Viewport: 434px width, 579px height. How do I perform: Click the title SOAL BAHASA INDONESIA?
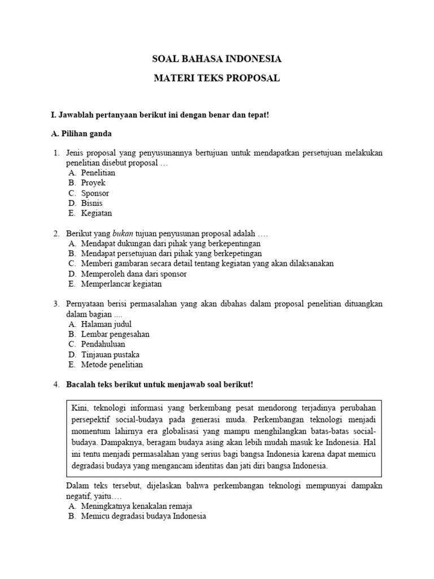pos(217,59)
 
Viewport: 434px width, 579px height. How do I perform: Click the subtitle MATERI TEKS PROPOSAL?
pos(217,79)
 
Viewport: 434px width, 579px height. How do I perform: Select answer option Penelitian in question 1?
pos(98,173)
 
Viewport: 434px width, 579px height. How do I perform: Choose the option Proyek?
pos(93,183)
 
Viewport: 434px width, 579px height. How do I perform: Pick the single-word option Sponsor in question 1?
pos(95,193)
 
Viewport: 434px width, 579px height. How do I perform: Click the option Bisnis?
pos(92,204)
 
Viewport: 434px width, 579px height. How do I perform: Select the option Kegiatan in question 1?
pos(96,214)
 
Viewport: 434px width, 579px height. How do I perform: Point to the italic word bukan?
pos(123,234)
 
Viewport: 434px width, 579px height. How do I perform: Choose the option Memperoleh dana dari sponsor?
pos(133,274)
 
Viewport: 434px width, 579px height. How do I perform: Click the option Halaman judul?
pos(106,325)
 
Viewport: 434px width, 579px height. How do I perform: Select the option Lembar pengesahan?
pos(115,335)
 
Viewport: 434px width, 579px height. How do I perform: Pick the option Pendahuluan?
pos(103,344)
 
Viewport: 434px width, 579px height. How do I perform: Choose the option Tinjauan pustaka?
pos(110,355)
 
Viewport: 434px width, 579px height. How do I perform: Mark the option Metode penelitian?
pos(112,365)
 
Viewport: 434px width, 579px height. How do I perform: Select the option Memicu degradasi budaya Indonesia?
pos(143,516)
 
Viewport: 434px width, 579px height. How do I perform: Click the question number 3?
pos(56,304)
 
